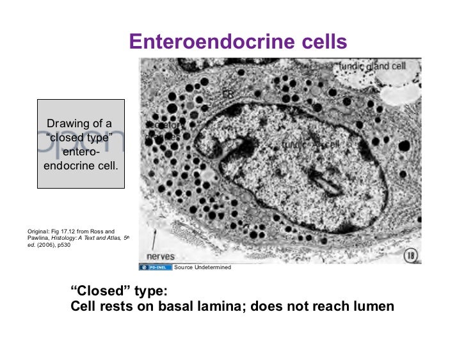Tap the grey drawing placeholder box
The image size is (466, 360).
81,143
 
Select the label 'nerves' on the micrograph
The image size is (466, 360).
161,256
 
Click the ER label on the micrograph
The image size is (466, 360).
228,94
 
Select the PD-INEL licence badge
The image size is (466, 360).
154,267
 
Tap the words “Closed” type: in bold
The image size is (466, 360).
118,292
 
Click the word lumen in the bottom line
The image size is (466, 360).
371,306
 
